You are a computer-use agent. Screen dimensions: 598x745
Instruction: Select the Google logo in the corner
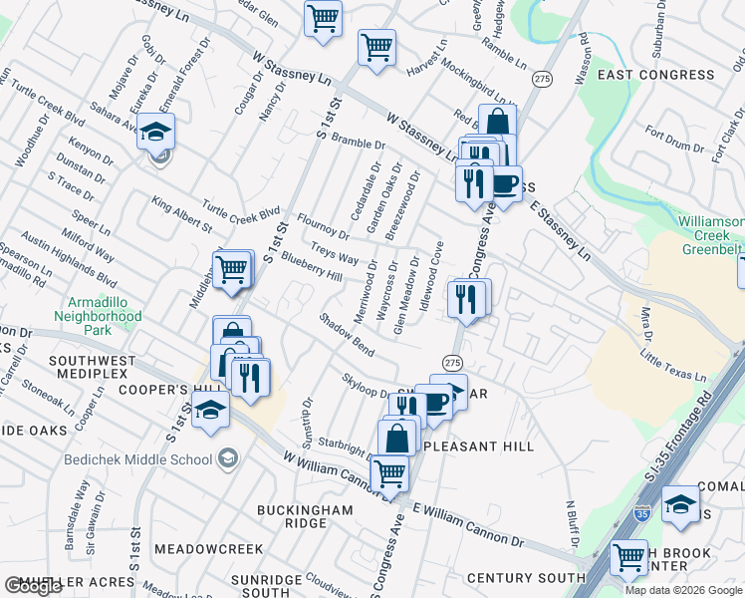[x=33, y=586]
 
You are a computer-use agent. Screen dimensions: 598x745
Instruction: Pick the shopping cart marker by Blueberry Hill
[x=232, y=269]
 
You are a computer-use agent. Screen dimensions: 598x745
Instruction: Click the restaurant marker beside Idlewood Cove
[x=466, y=298]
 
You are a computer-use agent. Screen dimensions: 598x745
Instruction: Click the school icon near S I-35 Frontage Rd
[x=681, y=504]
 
